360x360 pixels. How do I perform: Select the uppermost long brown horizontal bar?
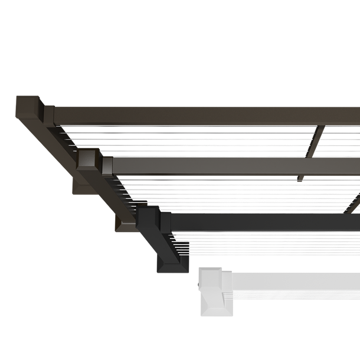coord(207,114)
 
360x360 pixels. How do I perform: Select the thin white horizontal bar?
coord(295,274)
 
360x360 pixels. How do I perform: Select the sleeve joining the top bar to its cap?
coord(49,114)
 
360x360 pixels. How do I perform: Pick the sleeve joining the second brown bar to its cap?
coord(107,165)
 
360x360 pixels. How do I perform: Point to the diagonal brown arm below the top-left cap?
coord(47,136)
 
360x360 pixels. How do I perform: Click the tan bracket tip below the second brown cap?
coord(75,186)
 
